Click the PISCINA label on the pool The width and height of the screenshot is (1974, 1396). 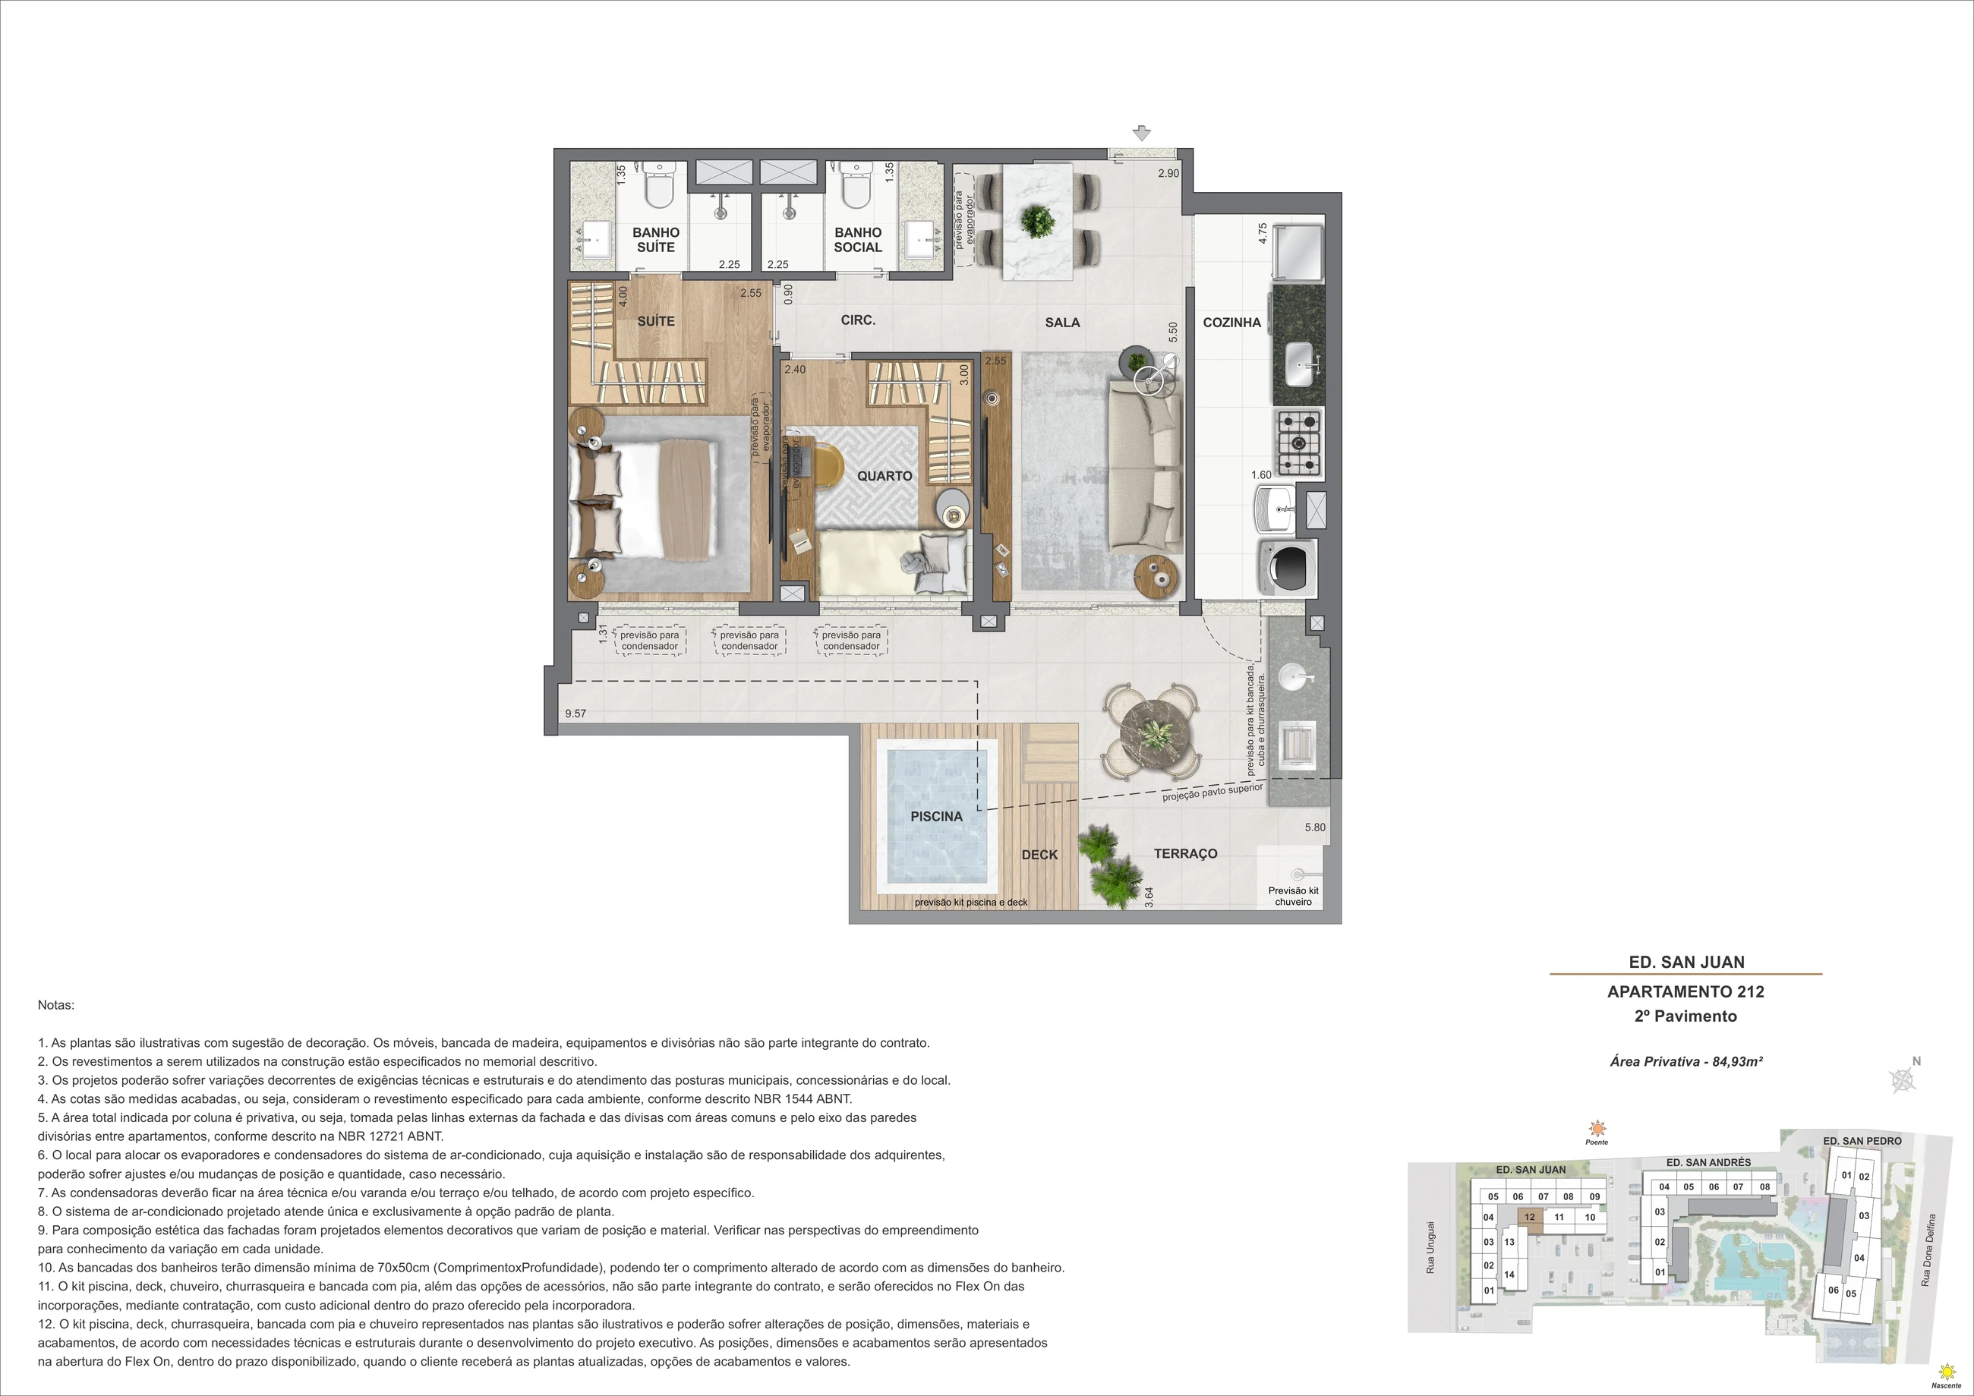click(x=936, y=817)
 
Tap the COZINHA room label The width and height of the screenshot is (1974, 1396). click(x=1232, y=323)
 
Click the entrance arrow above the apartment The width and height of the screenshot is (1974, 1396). click(x=1141, y=134)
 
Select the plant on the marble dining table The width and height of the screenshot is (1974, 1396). click(x=1038, y=220)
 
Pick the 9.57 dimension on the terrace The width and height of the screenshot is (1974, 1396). click(x=575, y=714)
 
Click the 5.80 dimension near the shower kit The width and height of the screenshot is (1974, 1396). click(x=1314, y=827)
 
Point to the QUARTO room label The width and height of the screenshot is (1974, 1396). click(x=885, y=476)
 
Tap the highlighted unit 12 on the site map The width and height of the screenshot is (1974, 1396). click(x=1530, y=1217)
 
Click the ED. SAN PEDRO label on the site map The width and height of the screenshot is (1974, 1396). click(x=1862, y=1141)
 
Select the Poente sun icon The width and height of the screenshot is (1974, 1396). click(x=1597, y=1129)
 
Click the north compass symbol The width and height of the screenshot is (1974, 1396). click(x=1903, y=1079)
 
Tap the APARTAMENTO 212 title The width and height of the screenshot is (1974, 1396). click(x=1685, y=991)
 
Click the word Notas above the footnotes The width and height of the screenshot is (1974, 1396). click(x=56, y=1005)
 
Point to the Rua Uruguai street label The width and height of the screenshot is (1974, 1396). click(x=1430, y=1247)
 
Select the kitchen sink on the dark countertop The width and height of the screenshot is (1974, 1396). click(x=1299, y=364)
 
